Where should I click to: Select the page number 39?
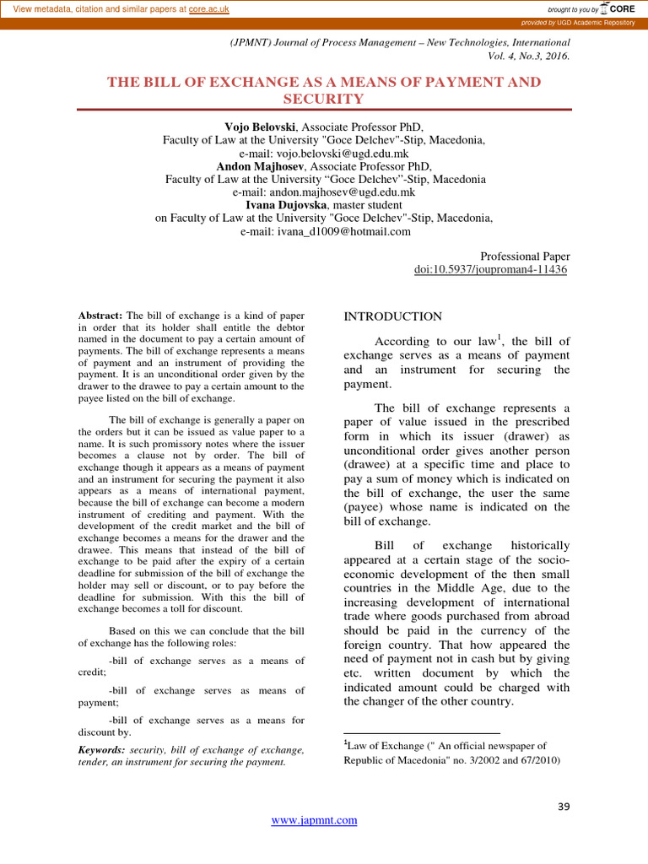[564, 807]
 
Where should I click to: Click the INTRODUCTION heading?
[392, 316]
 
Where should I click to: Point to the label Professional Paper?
[524, 256]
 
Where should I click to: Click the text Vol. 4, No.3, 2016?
[529, 57]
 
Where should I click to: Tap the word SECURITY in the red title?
[324, 99]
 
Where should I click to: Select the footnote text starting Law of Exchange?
[445, 746]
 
